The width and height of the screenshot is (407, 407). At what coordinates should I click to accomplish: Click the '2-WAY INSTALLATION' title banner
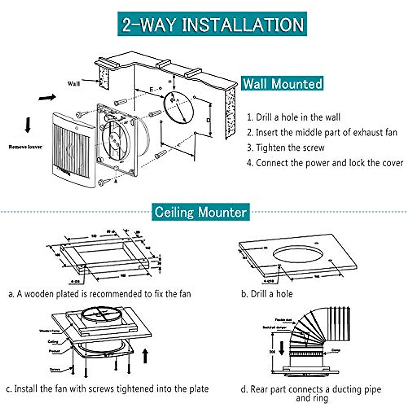[212, 24]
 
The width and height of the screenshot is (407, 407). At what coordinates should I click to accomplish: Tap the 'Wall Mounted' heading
[283, 83]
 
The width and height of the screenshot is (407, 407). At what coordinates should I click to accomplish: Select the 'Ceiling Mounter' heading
[200, 212]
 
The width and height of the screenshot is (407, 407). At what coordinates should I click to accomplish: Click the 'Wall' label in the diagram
[74, 83]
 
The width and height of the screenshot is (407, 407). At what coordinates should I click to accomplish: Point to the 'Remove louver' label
[25, 147]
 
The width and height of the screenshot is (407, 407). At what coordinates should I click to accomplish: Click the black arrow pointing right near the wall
[47, 98]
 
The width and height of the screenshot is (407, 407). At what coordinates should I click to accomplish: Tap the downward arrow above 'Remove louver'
[27, 125]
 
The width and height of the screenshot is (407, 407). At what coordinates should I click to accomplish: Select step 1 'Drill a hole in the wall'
[293, 117]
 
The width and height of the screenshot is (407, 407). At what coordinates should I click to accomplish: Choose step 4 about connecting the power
[325, 163]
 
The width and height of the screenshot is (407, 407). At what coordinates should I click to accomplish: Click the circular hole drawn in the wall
[179, 108]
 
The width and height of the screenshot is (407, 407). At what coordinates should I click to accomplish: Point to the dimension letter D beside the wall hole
[209, 120]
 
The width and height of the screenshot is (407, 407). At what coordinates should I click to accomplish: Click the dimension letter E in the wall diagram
[151, 89]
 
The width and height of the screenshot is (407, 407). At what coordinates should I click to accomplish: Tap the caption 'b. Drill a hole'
[267, 294]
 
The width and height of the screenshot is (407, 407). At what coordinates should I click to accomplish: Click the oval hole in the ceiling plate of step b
[297, 254]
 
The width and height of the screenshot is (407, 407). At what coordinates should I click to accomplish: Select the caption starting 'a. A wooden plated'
[99, 294]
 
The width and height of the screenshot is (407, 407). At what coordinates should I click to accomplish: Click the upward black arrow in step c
[146, 356]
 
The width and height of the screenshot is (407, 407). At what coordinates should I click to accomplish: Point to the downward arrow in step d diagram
[281, 348]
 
